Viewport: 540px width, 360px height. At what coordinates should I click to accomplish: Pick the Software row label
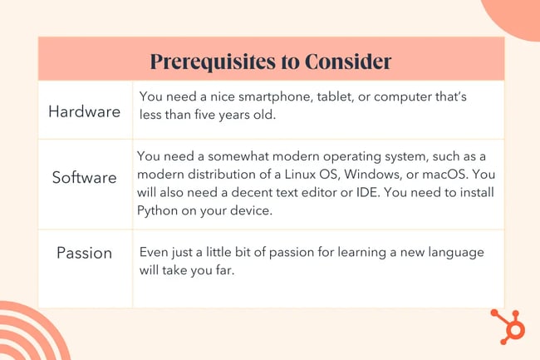pos(85,177)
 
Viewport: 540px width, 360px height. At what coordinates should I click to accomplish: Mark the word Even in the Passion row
pos(155,251)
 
